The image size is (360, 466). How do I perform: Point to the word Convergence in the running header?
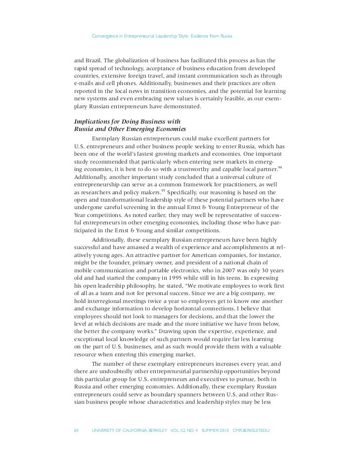point(108,36)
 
